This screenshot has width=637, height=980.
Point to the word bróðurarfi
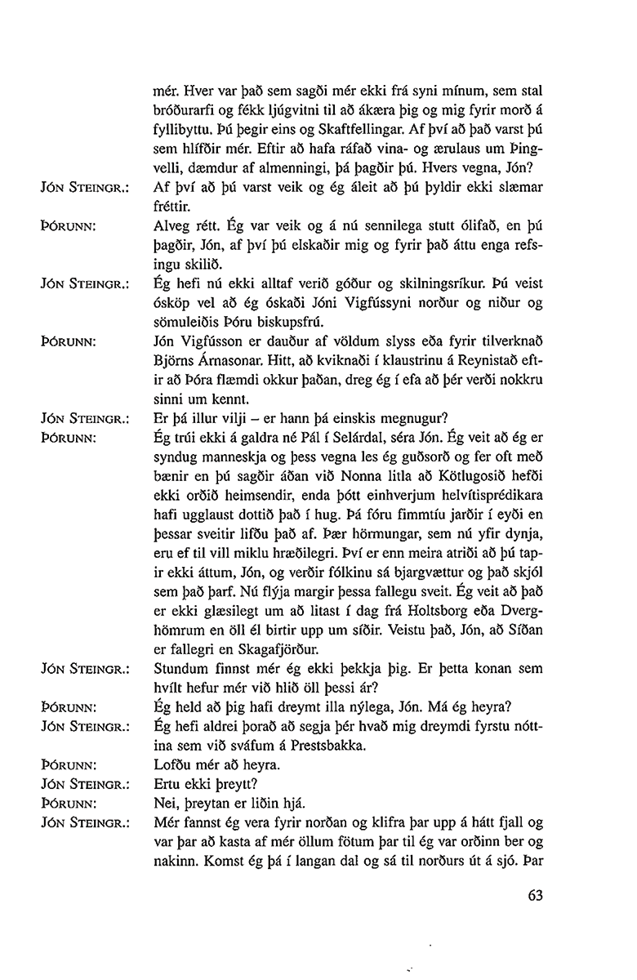tap(186, 109)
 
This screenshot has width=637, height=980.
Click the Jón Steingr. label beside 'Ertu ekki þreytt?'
tap(83, 785)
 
